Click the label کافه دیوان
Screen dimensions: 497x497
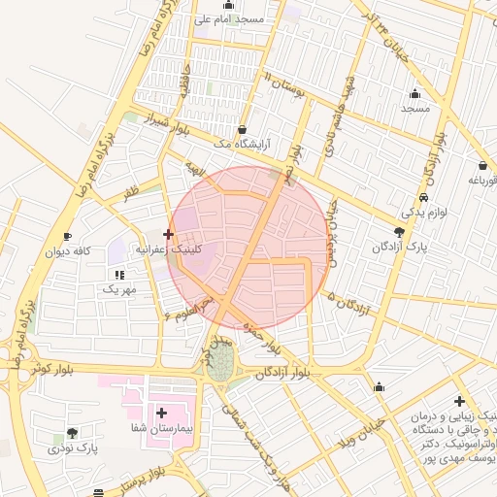(67, 251)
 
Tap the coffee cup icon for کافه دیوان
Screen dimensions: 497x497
(67, 237)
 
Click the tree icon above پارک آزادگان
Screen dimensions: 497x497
(400, 231)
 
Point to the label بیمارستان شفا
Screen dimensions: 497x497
(163, 428)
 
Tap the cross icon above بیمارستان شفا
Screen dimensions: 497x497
(162, 413)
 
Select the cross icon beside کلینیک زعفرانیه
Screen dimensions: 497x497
(169, 234)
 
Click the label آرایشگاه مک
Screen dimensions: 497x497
(242, 144)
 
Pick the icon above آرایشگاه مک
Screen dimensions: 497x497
(241, 129)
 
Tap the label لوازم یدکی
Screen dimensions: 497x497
(422, 212)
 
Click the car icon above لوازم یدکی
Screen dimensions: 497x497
(423, 197)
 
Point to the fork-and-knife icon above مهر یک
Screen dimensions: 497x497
(119, 276)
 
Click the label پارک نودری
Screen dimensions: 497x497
(74, 448)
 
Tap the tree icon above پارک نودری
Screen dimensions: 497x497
(73, 433)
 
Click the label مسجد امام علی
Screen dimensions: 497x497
(229, 18)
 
